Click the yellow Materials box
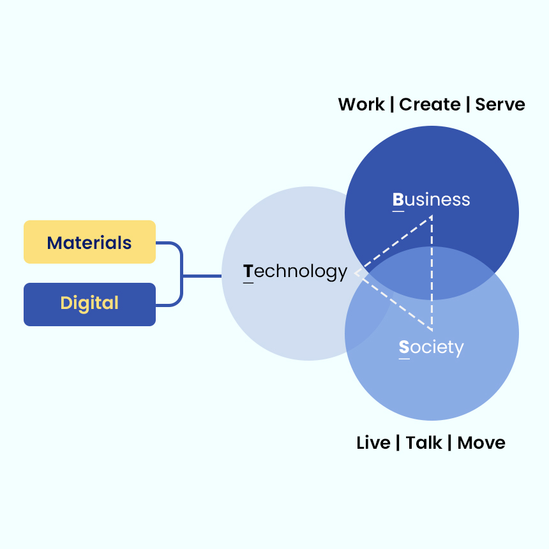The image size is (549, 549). (89, 242)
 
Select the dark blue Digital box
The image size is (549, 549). (89, 304)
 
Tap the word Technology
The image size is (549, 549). (295, 272)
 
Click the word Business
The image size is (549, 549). (431, 200)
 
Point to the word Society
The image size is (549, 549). (431, 347)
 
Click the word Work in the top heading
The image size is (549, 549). (361, 105)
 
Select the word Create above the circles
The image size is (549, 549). (430, 105)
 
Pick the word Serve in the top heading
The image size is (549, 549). (500, 105)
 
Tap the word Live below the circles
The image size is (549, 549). (373, 443)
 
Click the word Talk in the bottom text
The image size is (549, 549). (424, 443)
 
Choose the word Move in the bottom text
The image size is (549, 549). (481, 443)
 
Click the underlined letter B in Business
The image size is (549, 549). (398, 200)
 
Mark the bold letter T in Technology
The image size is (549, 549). (248, 272)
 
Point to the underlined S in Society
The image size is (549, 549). (404, 348)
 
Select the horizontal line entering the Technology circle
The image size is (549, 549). (202, 276)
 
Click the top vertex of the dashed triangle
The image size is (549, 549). (432, 216)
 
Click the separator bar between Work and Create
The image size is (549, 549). (392, 105)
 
